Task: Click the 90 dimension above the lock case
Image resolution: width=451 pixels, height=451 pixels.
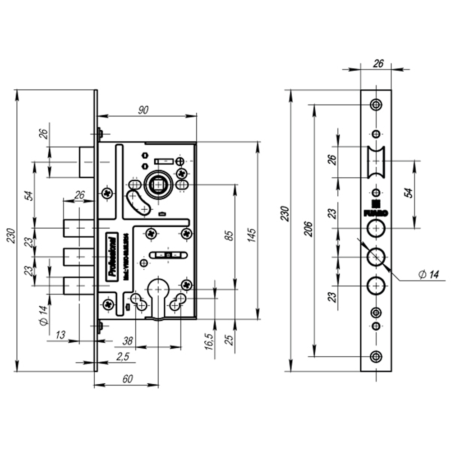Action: tap(144, 110)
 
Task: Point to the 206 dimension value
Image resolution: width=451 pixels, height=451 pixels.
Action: tap(307, 229)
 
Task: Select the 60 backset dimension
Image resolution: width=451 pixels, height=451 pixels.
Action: tap(128, 380)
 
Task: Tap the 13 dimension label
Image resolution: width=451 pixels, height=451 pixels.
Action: tap(60, 335)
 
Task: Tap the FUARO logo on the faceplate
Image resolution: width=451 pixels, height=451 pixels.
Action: tap(376, 211)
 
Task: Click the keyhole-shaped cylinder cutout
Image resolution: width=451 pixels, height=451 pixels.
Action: tap(159, 293)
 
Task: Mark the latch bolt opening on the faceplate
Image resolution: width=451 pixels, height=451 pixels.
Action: tap(376, 162)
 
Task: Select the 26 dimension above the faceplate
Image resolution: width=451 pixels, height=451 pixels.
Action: tap(378, 64)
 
